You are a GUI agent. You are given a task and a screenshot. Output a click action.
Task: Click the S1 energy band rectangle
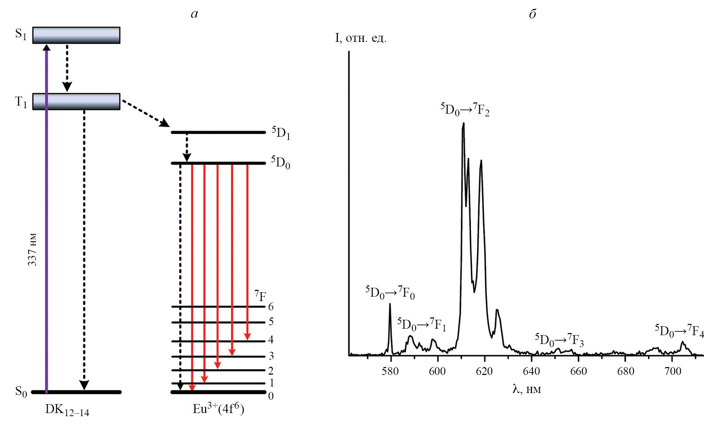[x=76, y=35]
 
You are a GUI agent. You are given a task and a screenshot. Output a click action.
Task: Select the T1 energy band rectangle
[x=76, y=102]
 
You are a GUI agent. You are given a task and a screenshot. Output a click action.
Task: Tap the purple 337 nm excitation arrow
[x=47, y=218]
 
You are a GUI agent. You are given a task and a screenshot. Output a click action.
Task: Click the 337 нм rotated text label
[x=32, y=249]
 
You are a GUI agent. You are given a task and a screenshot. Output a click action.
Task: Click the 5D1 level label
[x=281, y=133]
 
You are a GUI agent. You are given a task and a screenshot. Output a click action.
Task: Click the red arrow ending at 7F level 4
[x=247, y=252]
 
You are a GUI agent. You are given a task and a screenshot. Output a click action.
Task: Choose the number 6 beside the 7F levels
[x=271, y=307]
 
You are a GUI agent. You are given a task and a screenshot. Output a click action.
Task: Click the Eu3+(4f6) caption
[x=218, y=408]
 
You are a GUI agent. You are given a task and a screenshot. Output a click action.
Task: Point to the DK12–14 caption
[x=67, y=410]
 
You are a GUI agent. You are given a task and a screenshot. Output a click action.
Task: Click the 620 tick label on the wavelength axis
[x=484, y=371]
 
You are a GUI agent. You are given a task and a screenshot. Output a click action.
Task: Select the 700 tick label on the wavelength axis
[x=673, y=371]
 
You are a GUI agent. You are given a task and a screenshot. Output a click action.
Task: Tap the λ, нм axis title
[x=527, y=389]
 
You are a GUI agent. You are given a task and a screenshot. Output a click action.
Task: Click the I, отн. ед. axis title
[x=361, y=38]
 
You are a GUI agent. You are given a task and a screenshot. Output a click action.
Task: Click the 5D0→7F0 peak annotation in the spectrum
[x=390, y=293]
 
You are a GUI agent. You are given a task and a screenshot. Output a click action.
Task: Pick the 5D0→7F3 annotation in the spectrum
[x=559, y=340]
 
